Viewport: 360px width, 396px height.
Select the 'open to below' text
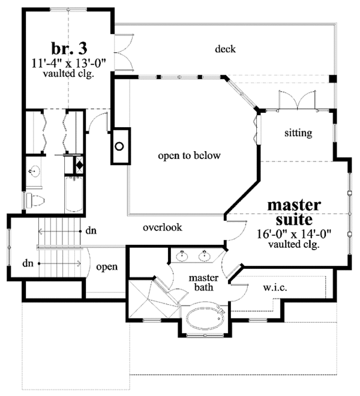(x=190, y=156)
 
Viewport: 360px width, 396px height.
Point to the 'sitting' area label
(x=298, y=133)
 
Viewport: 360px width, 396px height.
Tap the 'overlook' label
(x=163, y=228)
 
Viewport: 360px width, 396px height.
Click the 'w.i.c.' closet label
(x=275, y=287)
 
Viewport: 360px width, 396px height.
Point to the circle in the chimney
(x=119, y=146)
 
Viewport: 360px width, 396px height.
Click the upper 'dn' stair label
(x=91, y=230)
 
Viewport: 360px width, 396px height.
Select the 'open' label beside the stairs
(x=107, y=266)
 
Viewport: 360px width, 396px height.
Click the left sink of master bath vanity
(x=182, y=256)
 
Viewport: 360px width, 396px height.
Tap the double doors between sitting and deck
(x=297, y=100)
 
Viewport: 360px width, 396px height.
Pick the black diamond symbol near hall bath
(x=77, y=164)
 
